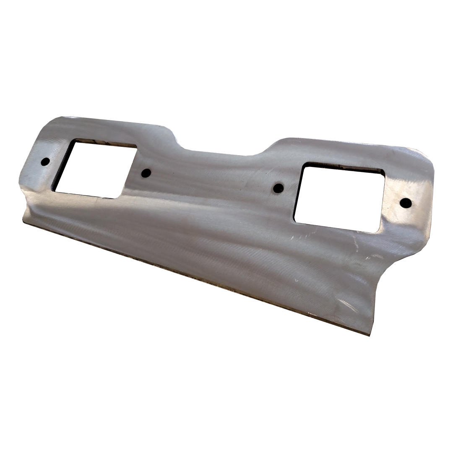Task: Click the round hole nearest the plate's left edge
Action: pyautogui.click(x=45, y=161)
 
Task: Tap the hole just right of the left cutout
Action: pyautogui.click(x=146, y=173)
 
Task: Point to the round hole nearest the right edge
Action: pyautogui.click(x=406, y=203)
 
